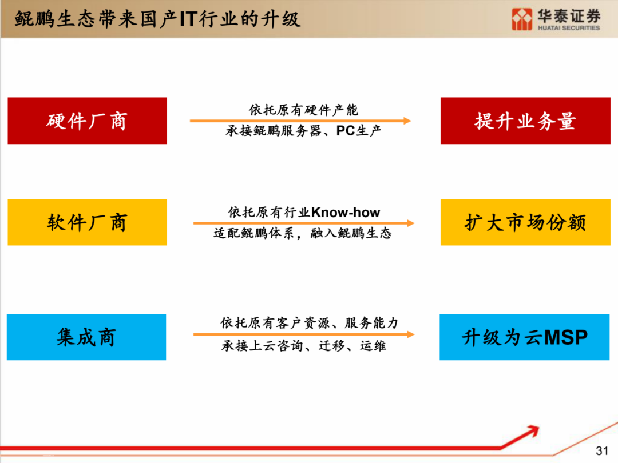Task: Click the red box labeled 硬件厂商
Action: pos(87,121)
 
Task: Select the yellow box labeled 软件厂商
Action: pos(87,222)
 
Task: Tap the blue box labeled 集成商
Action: pos(86,337)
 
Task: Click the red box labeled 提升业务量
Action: pos(525,121)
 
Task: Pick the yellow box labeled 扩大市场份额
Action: pos(525,222)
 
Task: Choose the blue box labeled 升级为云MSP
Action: pos(525,337)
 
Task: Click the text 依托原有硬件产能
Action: pos(303,110)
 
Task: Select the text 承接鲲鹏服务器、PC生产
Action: pos(303,130)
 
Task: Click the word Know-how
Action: pos(346,213)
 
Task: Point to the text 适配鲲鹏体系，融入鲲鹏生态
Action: pos(302,233)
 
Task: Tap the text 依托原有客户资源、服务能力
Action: pos(310,323)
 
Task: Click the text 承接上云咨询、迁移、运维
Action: pos(303,346)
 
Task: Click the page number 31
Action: pos(602,450)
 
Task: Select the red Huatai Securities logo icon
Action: pos(522,19)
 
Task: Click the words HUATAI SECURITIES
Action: pos(569,28)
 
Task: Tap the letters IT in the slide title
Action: pos(188,19)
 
